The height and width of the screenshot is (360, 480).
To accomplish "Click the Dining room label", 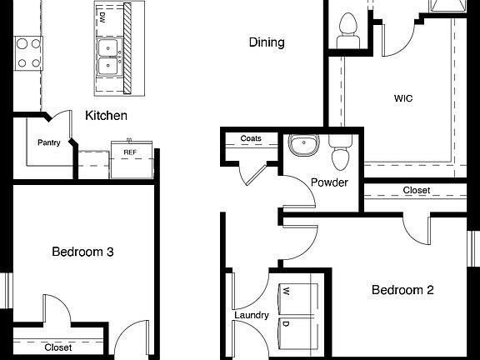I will pyautogui.click(x=267, y=42).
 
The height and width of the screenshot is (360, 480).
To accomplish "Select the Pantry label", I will pyautogui.click(x=49, y=142).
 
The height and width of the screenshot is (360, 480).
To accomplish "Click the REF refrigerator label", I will pyautogui.click(x=130, y=152).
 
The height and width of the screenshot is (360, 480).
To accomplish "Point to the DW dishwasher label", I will pyautogui.click(x=102, y=17).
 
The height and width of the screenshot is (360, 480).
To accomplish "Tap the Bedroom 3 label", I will pyautogui.click(x=82, y=252).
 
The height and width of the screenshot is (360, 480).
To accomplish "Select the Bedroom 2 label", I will pyautogui.click(x=402, y=291).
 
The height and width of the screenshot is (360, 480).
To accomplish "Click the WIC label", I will pyautogui.click(x=403, y=98).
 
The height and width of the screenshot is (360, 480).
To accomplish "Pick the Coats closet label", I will pyautogui.click(x=251, y=138).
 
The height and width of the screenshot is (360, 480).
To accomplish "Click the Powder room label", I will pyautogui.click(x=328, y=182).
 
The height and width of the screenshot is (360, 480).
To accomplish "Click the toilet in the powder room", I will pyautogui.click(x=340, y=154).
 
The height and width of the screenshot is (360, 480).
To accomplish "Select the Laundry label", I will pyautogui.click(x=251, y=315).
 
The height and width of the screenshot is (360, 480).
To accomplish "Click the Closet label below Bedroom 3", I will pyautogui.click(x=58, y=347).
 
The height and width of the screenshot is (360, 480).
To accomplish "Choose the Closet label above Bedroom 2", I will pyautogui.click(x=417, y=191).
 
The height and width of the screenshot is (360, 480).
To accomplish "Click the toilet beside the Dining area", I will pyautogui.click(x=346, y=29).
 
